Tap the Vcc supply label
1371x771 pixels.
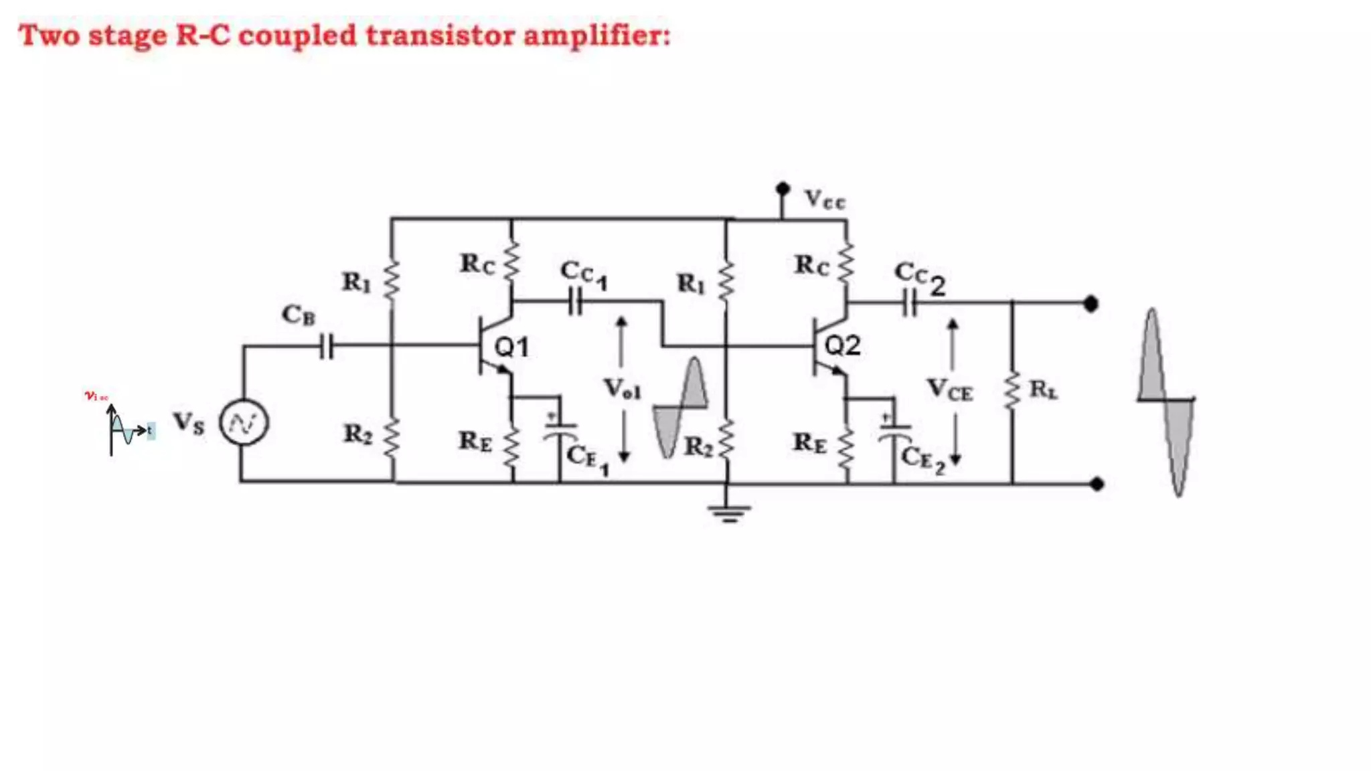pos(825,199)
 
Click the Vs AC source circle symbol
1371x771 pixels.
pos(244,423)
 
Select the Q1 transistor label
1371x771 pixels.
pos(511,347)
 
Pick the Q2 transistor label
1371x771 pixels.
pos(842,346)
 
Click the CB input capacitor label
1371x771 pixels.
pos(298,315)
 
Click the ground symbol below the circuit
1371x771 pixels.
pos(729,512)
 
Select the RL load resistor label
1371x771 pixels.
pos(1043,390)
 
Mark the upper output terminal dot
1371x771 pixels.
pos(1091,304)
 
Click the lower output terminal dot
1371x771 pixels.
pos(1097,483)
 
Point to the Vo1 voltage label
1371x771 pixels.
pos(622,389)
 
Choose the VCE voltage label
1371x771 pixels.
pos(949,390)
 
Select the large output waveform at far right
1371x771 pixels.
pos(1165,402)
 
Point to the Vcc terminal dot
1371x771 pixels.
pos(782,189)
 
